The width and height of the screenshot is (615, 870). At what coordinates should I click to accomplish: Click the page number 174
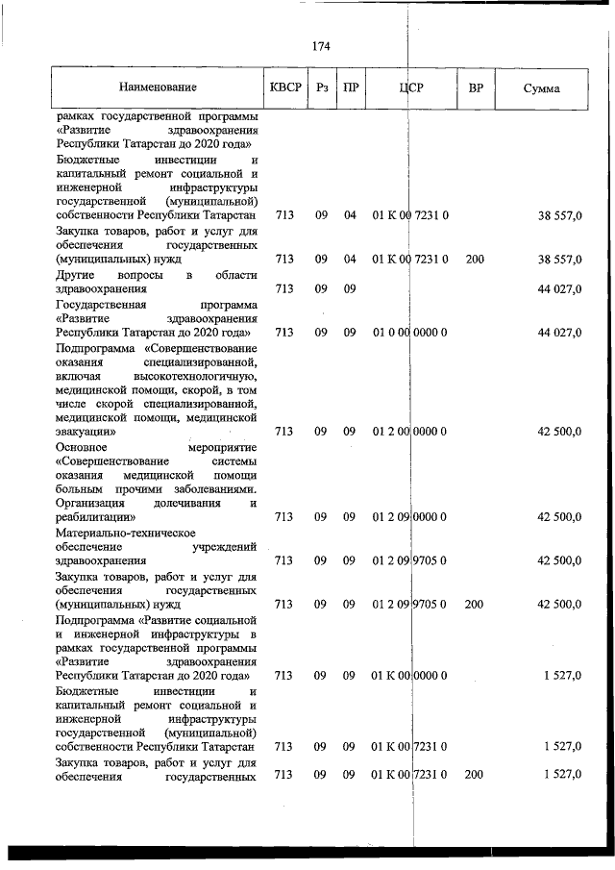321,46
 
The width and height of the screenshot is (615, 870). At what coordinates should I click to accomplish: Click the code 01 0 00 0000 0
410,333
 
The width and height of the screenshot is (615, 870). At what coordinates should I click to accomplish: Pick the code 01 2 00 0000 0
410,432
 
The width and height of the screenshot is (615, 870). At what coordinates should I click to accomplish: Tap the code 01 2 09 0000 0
410,517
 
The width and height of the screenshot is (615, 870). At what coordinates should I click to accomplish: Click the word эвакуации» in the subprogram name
86,432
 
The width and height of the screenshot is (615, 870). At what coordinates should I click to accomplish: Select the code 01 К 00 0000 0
410,676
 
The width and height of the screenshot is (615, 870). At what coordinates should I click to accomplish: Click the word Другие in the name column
76,275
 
